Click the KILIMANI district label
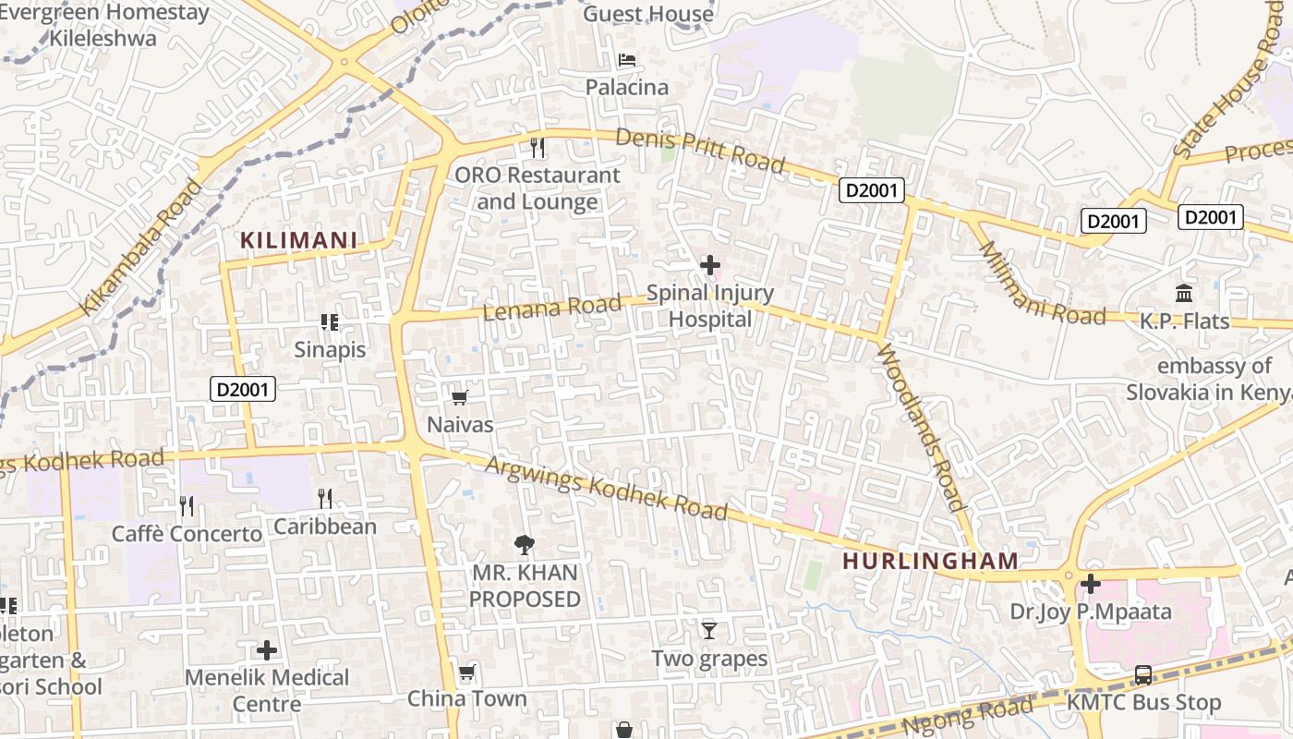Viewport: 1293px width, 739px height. (x=298, y=240)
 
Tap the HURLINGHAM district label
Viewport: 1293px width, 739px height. (x=930, y=561)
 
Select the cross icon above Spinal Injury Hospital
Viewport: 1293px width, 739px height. (x=709, y=266)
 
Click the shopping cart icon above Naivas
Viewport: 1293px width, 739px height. (x=459, y=397)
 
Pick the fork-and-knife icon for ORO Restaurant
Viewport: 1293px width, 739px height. (x=538, y=147)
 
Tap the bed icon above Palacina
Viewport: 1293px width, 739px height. (x=627, y=60)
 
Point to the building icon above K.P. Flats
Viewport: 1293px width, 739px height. (x=1184, y=294)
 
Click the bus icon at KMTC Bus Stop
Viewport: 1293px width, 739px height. (x=1143, y=675)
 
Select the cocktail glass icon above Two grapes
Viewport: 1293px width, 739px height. (x=708, y=631)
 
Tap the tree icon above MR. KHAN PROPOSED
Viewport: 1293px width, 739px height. (x=525, y=545)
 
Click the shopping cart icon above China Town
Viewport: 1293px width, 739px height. (x=467, y=672)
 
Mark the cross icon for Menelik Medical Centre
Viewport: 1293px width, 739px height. (x=267, y=650)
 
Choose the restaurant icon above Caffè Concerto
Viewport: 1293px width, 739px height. (x=187, y=505)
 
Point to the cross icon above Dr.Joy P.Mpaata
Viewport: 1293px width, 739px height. (x=1091, y=584)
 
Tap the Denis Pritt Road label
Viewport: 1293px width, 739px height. (x=699, y=151)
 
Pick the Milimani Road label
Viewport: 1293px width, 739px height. (x=1040, y=285)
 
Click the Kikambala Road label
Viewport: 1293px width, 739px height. (x=140, y=248)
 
